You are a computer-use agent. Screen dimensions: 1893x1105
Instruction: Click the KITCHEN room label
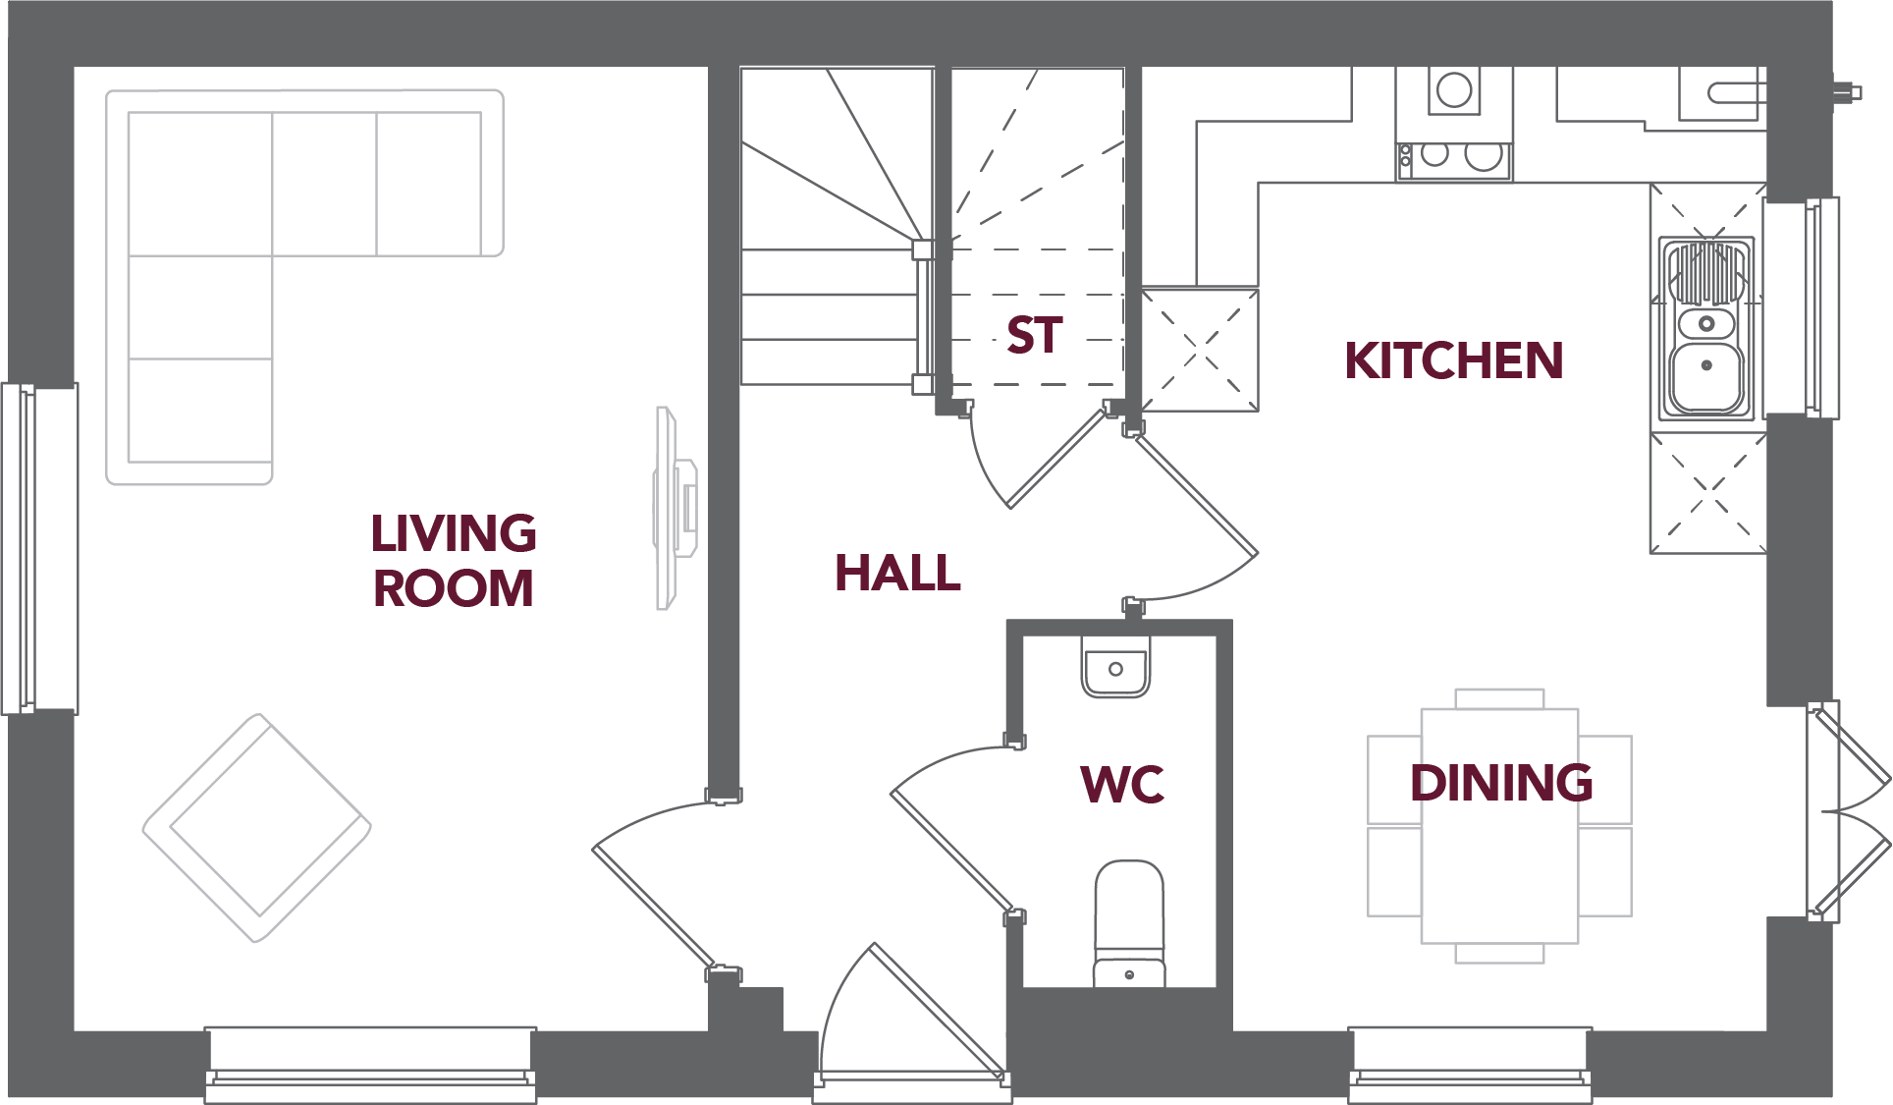tap(1453, 360)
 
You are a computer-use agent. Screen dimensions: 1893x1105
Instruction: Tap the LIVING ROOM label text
tap(453, 561)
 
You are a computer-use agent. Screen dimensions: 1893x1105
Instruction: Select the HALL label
tap(897, 574)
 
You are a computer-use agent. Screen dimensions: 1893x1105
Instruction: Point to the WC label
tap(1122, 785)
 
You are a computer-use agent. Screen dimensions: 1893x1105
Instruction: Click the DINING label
tap(1501, 783)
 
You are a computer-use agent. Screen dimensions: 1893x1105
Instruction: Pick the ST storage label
tap(1034, 336)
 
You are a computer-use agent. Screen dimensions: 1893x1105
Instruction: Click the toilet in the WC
tap(1129, 923)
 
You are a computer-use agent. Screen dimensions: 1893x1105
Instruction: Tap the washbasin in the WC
tap(1115, 668)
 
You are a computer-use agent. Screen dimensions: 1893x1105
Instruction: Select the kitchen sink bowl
tap(1706, 376)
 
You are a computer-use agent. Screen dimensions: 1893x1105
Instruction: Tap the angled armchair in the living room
tap(257, 827)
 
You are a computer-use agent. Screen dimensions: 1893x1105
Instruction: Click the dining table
tap(1499, 825)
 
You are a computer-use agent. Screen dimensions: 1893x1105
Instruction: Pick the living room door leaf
tap(653, 908)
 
